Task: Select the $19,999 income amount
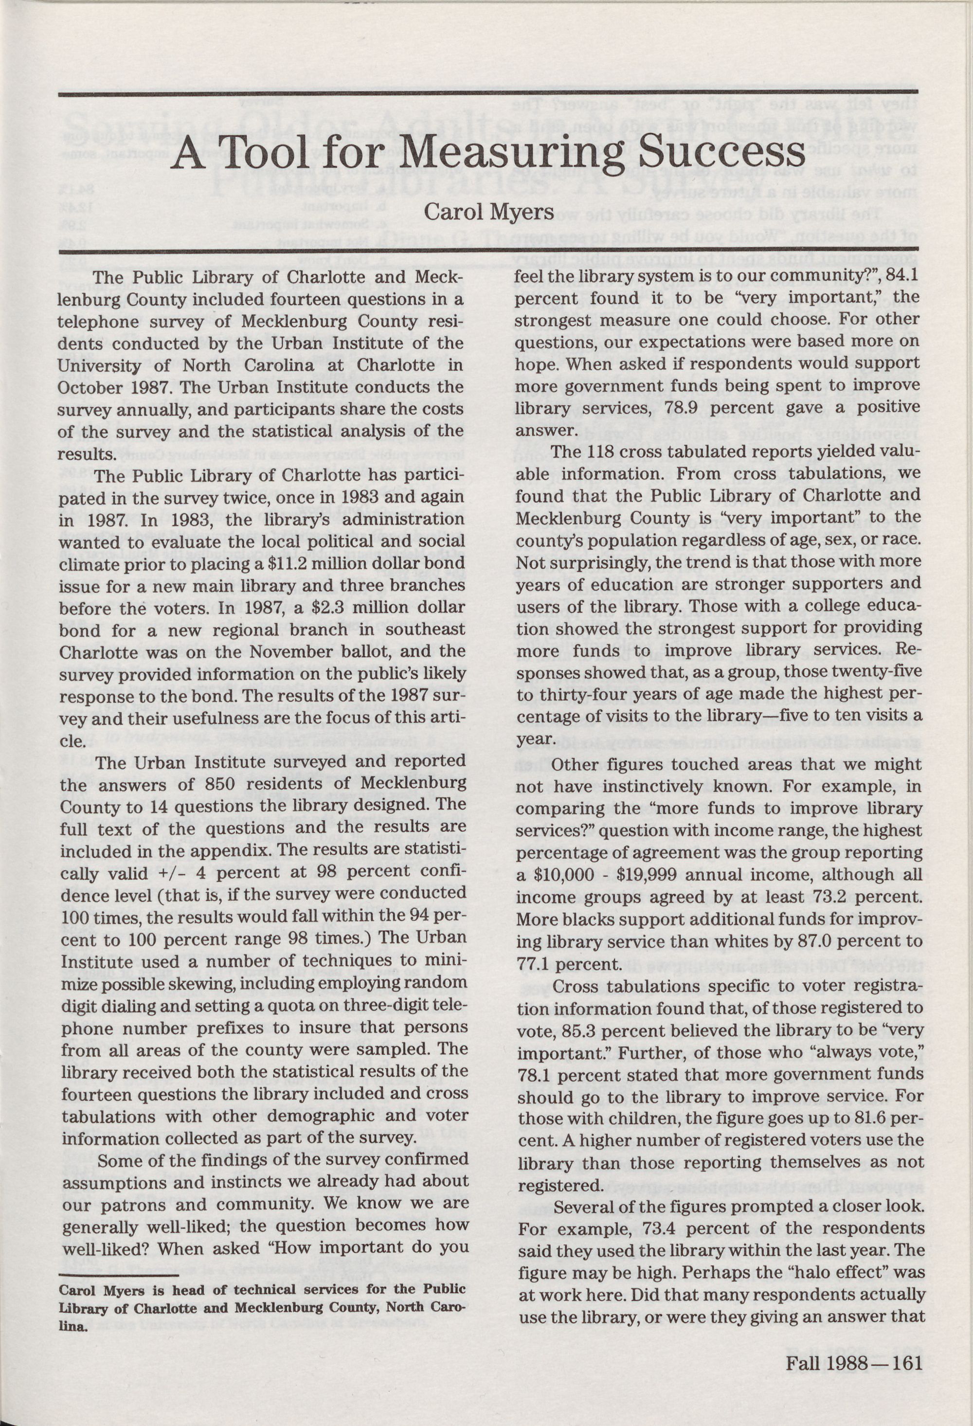click(630, 874)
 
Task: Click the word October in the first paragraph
click(87, 388)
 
